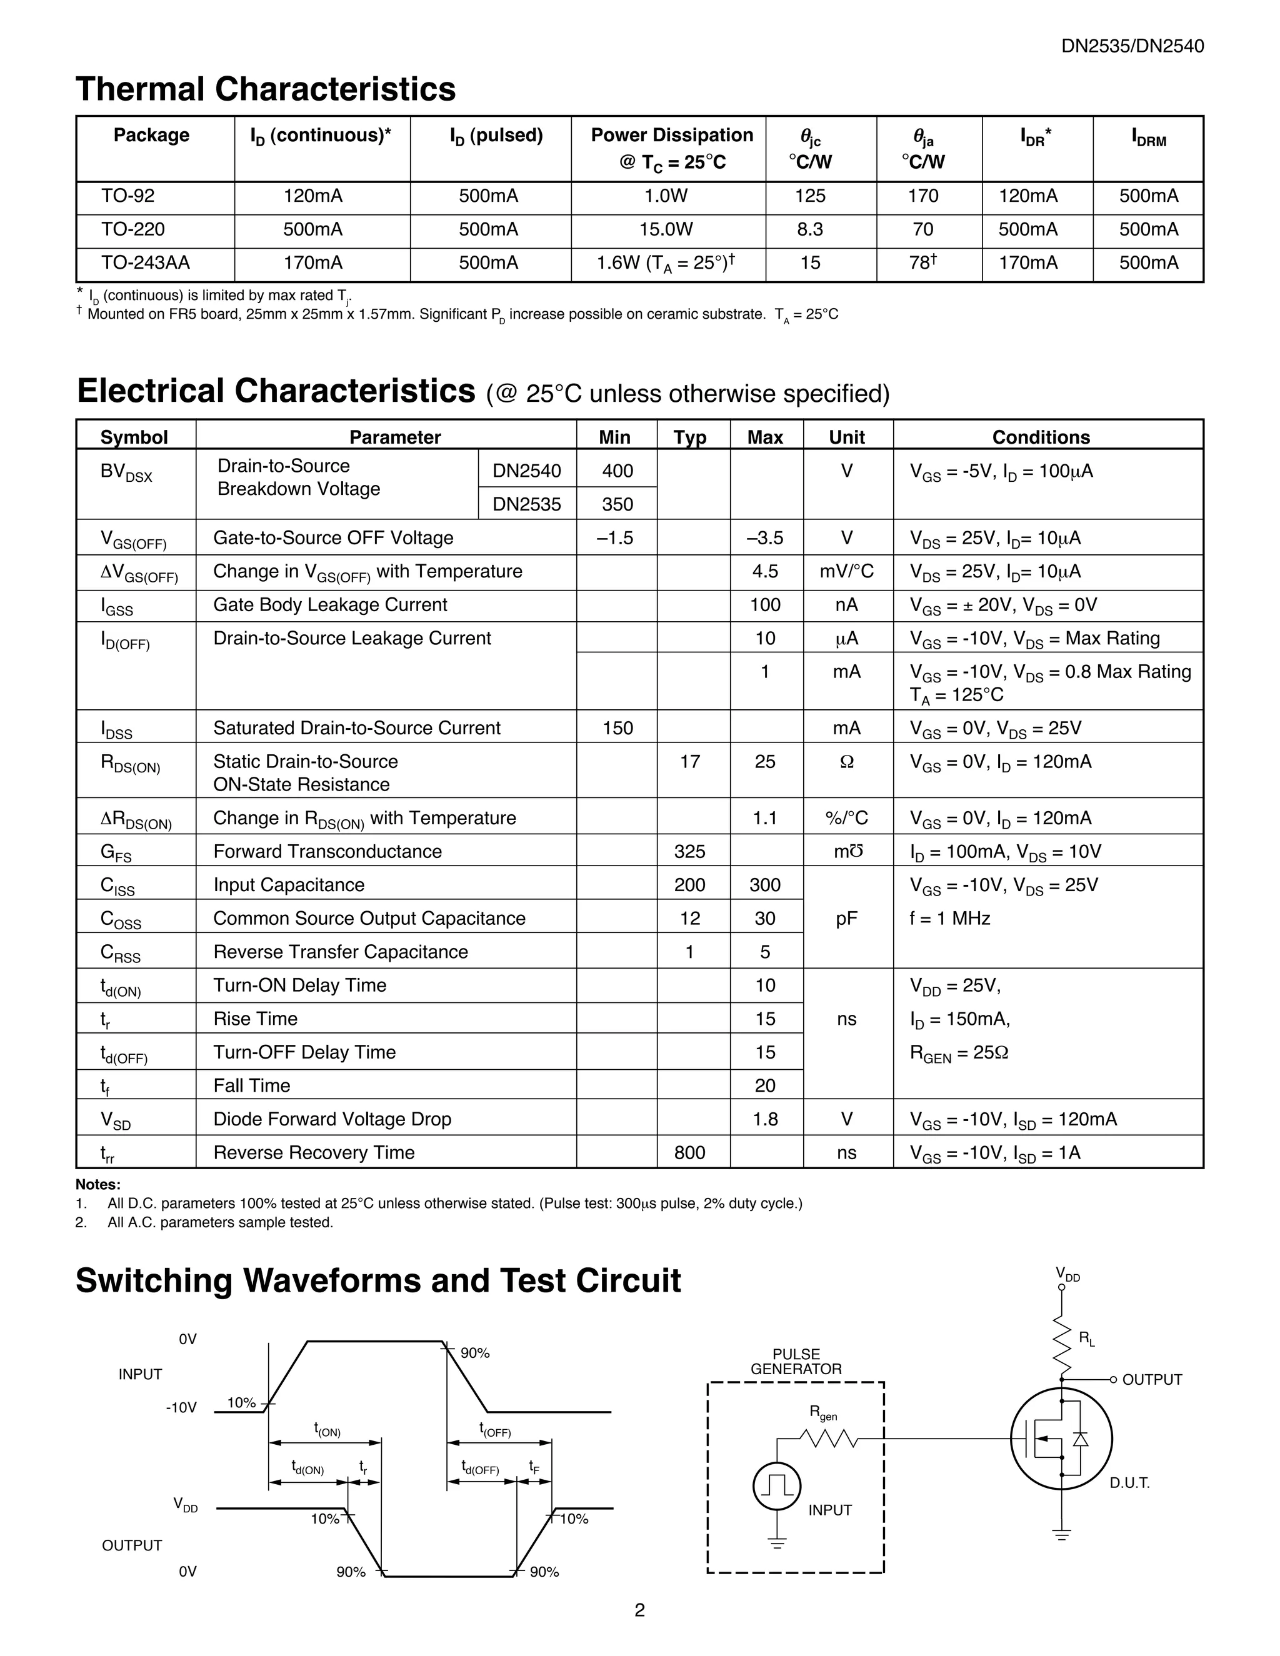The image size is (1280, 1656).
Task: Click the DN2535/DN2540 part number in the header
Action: pos(1132,46)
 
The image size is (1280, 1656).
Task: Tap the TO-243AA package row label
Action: pos(146,263)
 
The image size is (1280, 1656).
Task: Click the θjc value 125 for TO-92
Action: pos(810,196)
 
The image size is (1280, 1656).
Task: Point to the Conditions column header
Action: pos(1041,437)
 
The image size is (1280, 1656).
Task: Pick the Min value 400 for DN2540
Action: pos(617,471)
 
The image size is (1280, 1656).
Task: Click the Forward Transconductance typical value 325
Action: pos(689,852)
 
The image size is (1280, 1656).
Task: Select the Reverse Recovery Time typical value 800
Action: pos(689,1152)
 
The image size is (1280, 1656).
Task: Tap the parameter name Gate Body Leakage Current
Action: pos(330,605)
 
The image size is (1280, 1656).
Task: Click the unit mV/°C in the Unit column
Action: pos(846,572)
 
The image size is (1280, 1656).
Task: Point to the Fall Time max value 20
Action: pos(765,1086)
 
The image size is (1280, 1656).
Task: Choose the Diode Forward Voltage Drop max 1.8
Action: pos(765,1119)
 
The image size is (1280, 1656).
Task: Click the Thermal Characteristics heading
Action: pos(266,89)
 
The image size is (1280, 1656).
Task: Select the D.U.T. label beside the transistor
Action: pos(1129,1483)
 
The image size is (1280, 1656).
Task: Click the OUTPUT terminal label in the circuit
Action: pos(1151,1380)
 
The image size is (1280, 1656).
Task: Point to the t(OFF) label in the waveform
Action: pos(494,1430)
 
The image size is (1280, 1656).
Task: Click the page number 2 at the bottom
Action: pos(639,1610)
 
